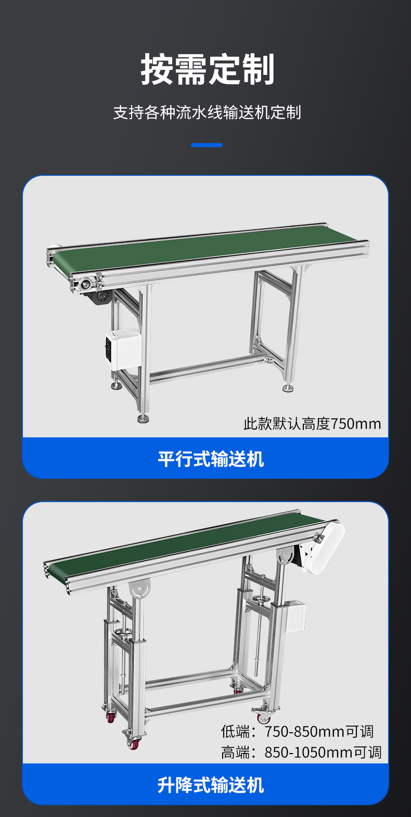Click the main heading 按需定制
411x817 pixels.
(208, 69)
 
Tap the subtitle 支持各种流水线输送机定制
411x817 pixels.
(207, 112)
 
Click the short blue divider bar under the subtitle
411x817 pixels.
(207, 145)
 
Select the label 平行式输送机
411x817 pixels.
(211, 459)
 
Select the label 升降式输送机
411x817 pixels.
(211, 785)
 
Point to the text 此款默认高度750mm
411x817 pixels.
(312, 424)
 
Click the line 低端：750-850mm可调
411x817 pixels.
(298, 732)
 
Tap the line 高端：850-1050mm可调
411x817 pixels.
(301, 752)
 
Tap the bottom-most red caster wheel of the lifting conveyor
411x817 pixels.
(134, 742)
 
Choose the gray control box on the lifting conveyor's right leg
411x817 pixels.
(294, 616)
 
